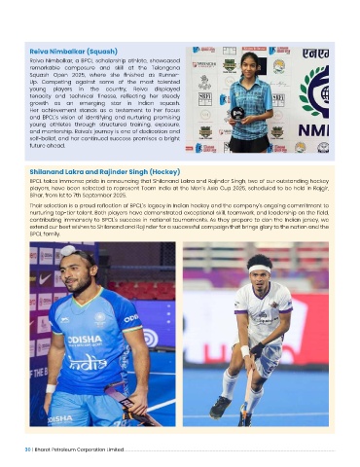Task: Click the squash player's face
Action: pyautogui.click(x=247, y=62)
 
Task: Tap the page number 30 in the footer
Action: pyautogui.click(x=34, y=450)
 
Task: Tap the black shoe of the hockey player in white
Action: pyautogui.click(x=221, y=406)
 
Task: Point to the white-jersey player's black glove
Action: pyautogui.click(x=256, y=345)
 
